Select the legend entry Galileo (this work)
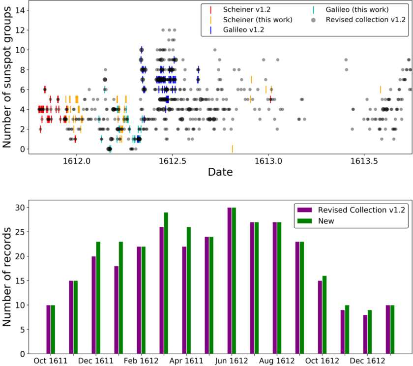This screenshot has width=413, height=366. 356,10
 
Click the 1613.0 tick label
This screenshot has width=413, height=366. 269,161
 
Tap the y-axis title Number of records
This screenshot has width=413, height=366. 8,276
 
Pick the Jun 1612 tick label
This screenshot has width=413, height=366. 231,361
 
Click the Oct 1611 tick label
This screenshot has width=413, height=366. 50,361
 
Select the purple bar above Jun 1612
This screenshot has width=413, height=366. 230,281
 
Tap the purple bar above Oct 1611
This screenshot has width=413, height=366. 49,329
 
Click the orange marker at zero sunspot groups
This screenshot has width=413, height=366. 233,149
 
